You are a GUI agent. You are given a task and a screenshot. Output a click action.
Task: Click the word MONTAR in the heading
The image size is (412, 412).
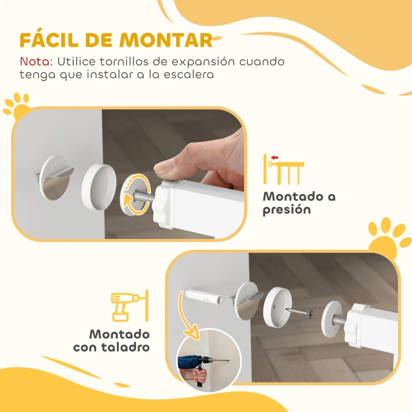[174, 40]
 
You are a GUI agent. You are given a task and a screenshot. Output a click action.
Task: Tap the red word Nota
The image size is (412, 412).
[36, 61]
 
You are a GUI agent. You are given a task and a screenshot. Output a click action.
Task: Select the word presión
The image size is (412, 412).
[287, 210]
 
